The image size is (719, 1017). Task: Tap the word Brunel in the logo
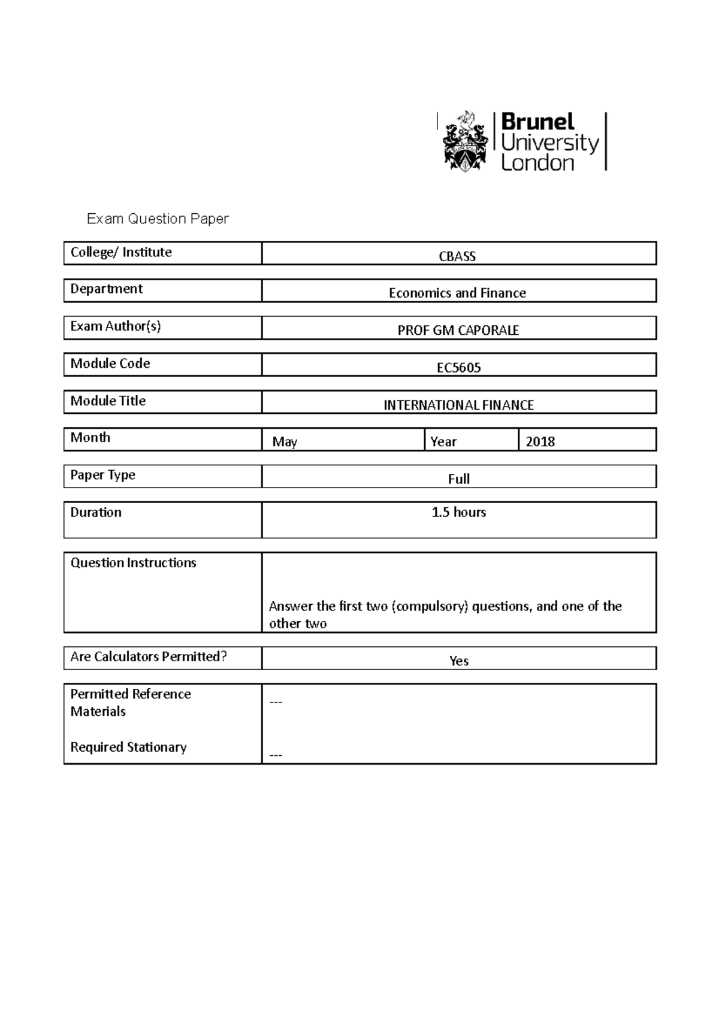pyautogui.click(x=537, y=122)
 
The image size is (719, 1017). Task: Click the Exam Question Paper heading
pyautogui.click(x=158, y=219)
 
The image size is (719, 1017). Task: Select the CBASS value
pyautogui.click(x=457, y=256)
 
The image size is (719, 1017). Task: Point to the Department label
pyautogui.click(x=106, y=289)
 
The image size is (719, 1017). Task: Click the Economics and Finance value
pyautogui.click(x=457, y=293)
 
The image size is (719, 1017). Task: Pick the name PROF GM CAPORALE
pyautogui.click(x=458, y=330)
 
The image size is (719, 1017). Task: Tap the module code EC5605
pyautogui.click(x=458, y=368)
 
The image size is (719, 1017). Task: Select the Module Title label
pyautogui.click(x=108, y=401)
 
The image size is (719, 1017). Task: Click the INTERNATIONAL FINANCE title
pyautogui.click(x=458, y=405)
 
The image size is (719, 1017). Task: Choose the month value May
pyautogui.click(x=285, y=442)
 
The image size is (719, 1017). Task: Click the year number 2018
pyautogui.click(x=540, y=442)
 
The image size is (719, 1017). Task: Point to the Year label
pyautogui.click(x=443, y=442)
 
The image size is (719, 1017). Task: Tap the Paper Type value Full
pyautogui.click(x=458, y=479)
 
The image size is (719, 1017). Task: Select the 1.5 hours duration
pyautogui.click(x=458, y=512)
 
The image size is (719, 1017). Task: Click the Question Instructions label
pyautogui.click(x=133, y=562)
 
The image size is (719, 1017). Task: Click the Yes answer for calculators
pyautogui.click(x=458, y=661)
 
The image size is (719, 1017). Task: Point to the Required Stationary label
pyautogui.click(x=128, y=747)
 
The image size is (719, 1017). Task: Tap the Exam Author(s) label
pyautogui.click(x=116, y=326)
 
